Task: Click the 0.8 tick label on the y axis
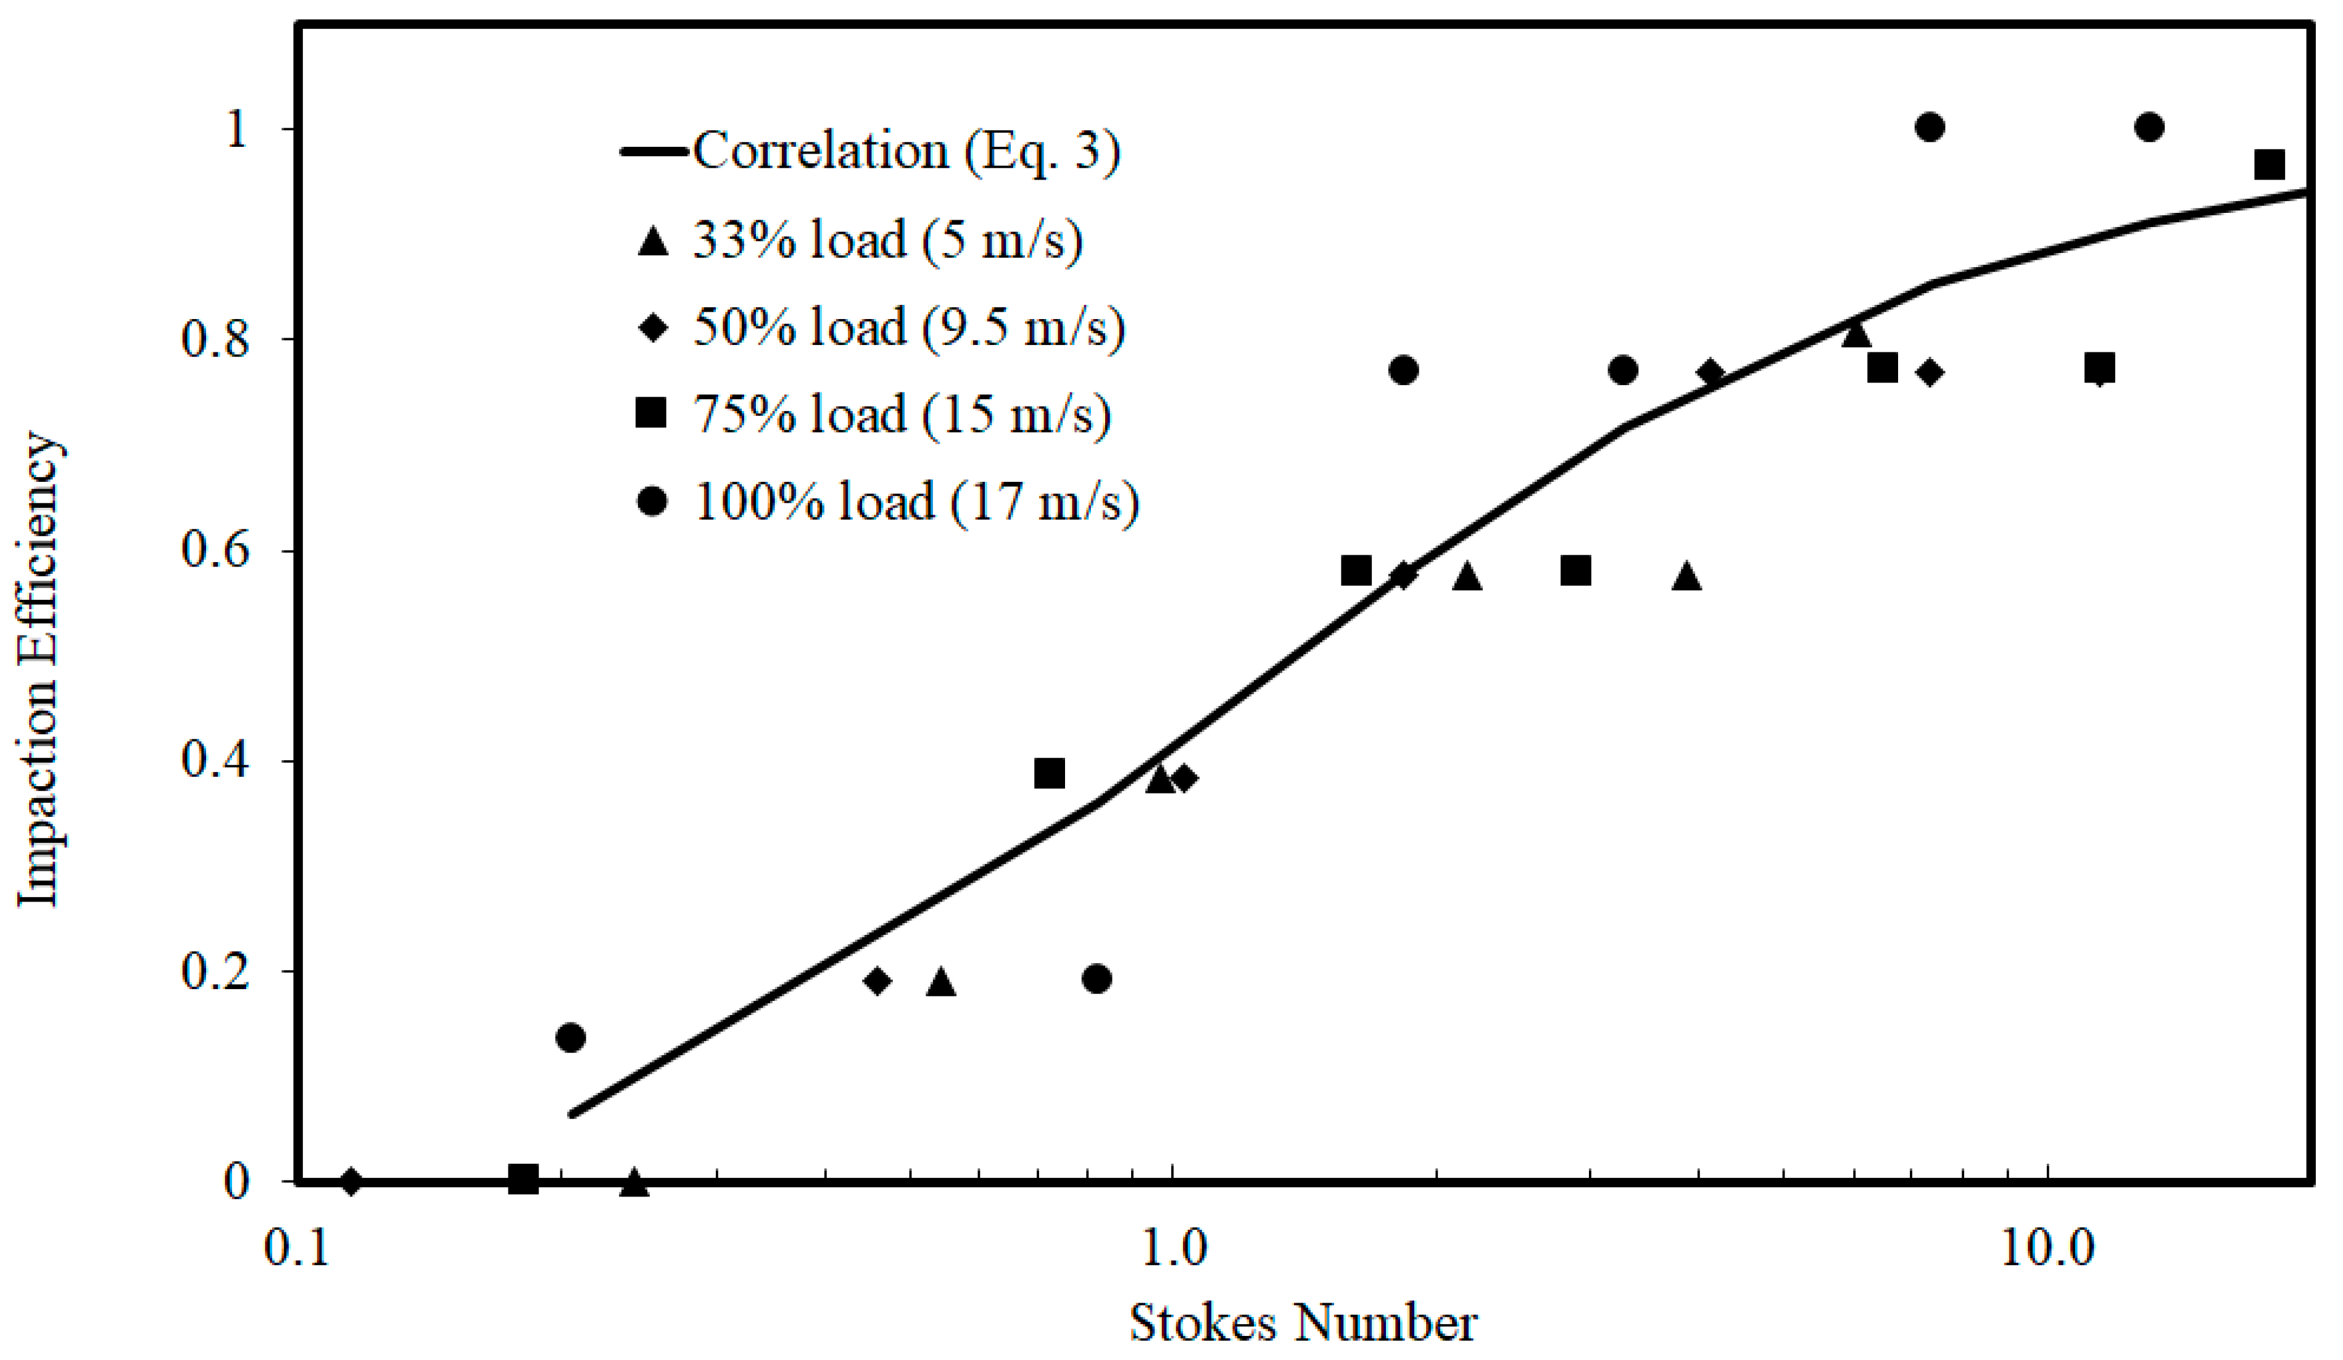point(217,339)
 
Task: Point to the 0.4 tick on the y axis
point(217,760)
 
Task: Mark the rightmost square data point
point(2270,165)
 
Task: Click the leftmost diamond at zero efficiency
point(350,1182)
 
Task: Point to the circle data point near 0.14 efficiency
point(571,1037)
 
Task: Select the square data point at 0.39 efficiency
point(1050,773)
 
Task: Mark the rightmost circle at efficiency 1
point(2149,127)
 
